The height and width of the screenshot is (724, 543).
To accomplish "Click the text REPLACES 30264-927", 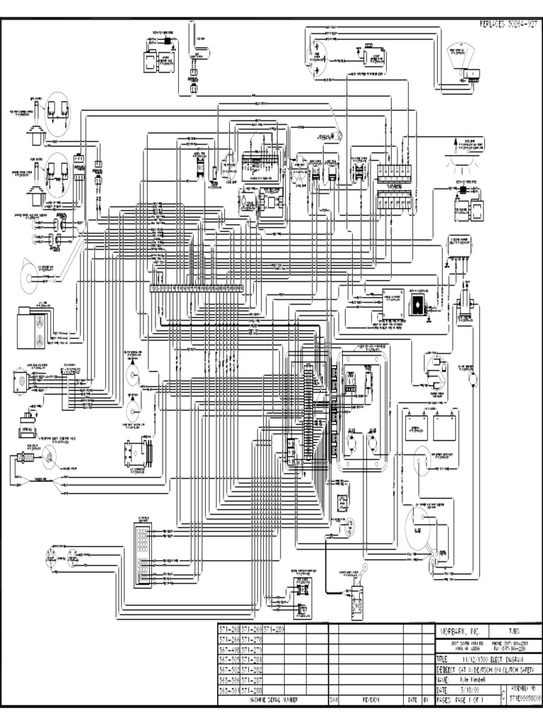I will click(504, 24).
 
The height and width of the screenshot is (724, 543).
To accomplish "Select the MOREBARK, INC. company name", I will click(460, 630).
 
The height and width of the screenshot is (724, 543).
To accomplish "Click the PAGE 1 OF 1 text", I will click(467, 699).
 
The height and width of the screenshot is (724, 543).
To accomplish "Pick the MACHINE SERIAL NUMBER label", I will click(271, 699).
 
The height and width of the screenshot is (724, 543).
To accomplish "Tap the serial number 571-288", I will click(251, 689).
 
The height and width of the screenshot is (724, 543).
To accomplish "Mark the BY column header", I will click(426, 699).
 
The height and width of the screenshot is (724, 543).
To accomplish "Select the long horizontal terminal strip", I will click(197, 288).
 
